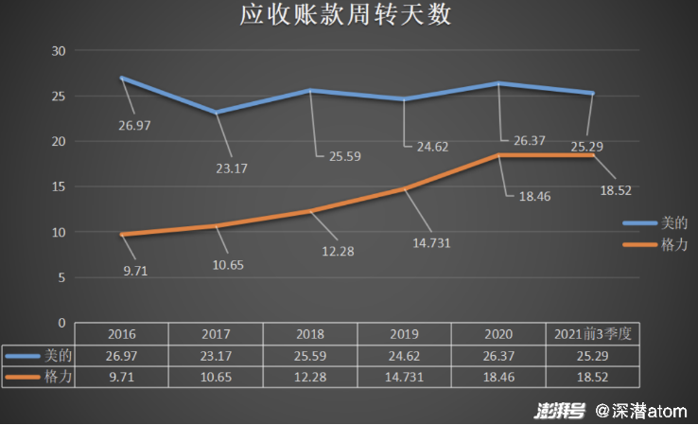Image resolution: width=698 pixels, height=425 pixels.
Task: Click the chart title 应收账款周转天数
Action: tap(345, 16)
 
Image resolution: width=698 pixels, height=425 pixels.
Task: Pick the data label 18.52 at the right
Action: tap(615, 190)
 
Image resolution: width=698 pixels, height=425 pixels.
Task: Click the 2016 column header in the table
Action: tap(121, 334)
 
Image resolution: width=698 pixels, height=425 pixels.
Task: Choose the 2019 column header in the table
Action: tap(405, 334)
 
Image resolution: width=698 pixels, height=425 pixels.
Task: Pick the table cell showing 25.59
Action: tap(310, 355)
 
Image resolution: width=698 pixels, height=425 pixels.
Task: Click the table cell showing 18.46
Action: tap(499, 376)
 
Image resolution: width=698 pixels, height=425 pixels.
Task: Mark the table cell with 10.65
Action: tap(216, 376)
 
